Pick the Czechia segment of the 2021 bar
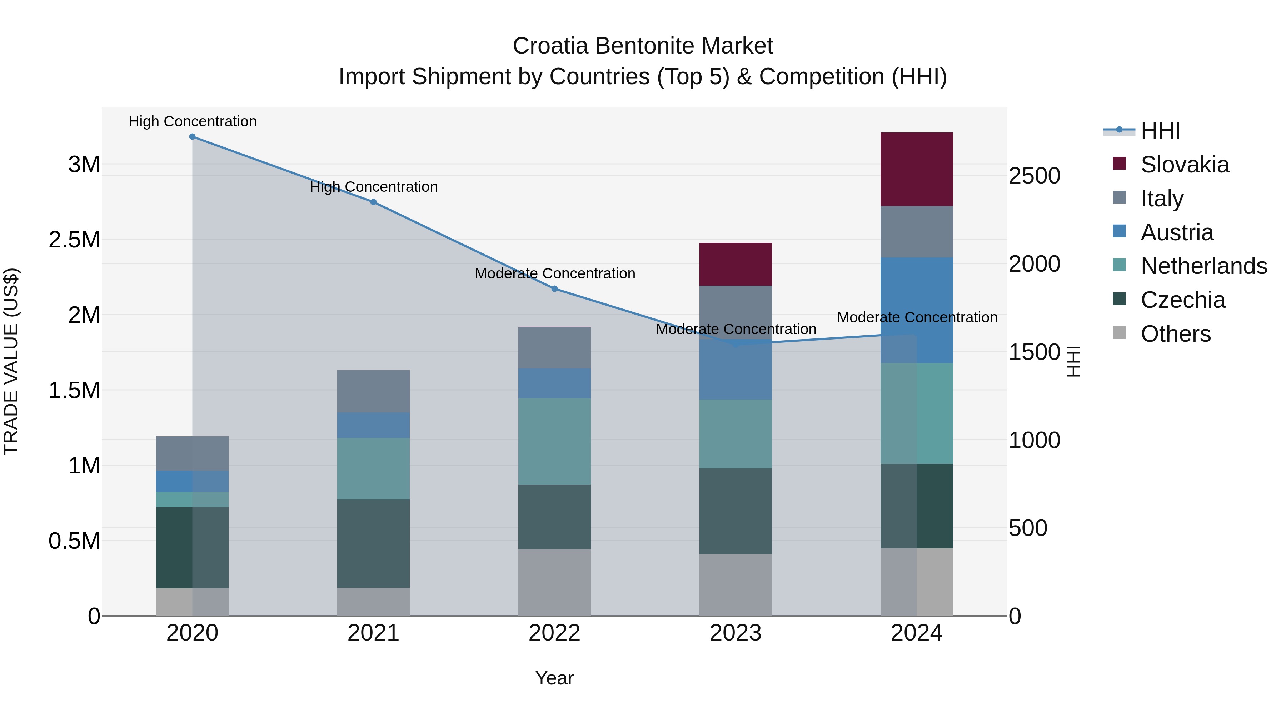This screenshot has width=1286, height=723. click(373, 543)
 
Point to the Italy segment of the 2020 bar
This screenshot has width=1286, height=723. click(192, 453)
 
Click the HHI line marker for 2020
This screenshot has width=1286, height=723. click(192, 137)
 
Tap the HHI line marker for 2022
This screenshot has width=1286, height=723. click(554, 289)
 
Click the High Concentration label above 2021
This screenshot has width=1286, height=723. click(373, 187)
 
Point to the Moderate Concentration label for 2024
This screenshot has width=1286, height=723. click(917, 317)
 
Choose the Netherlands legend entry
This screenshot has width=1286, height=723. click(1203, 266)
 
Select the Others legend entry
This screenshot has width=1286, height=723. click(1175, 334)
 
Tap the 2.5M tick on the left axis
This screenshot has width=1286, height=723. click(74, 240)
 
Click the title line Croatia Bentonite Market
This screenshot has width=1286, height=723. click(643, 46)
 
